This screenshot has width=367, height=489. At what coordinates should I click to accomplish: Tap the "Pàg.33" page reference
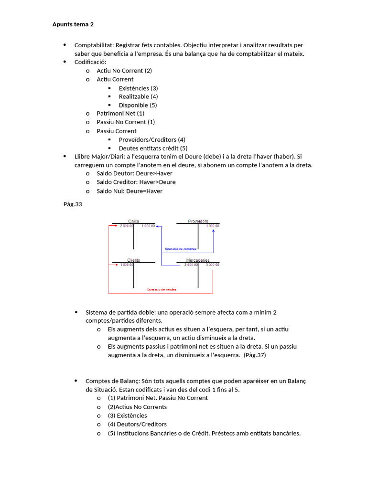(x=73, y=204)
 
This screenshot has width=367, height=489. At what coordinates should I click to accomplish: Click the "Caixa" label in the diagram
(x=133, y=221)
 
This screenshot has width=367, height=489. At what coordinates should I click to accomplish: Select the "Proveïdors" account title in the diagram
(x=198, y=221)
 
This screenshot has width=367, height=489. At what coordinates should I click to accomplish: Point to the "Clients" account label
(x=133, y=260)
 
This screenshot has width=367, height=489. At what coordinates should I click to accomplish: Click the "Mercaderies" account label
(x=197, y=260)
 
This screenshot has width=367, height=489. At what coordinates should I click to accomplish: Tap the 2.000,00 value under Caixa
(x=128, y=225)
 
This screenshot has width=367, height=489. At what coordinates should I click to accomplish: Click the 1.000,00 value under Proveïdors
(x=213, y=225)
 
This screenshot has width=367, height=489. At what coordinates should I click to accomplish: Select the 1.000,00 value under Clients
(x=127, y=265)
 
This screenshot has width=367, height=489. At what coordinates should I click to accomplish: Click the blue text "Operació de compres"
(x=180, y=249)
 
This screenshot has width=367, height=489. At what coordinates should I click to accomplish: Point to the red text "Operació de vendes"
(x=161, y=289)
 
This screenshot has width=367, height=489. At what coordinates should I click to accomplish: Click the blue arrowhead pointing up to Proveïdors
(x=213, y=231)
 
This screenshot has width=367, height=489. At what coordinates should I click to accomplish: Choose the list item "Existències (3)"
(x=138, y=88)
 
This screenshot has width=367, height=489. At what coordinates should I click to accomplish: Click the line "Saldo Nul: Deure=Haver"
(x=129, y=191)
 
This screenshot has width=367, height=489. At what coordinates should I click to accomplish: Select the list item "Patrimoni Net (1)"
(x=120, y=113)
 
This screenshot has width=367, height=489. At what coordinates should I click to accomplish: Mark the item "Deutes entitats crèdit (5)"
(x=153, y=148)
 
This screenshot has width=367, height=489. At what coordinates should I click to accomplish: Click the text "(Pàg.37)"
(x=255, y=355)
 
